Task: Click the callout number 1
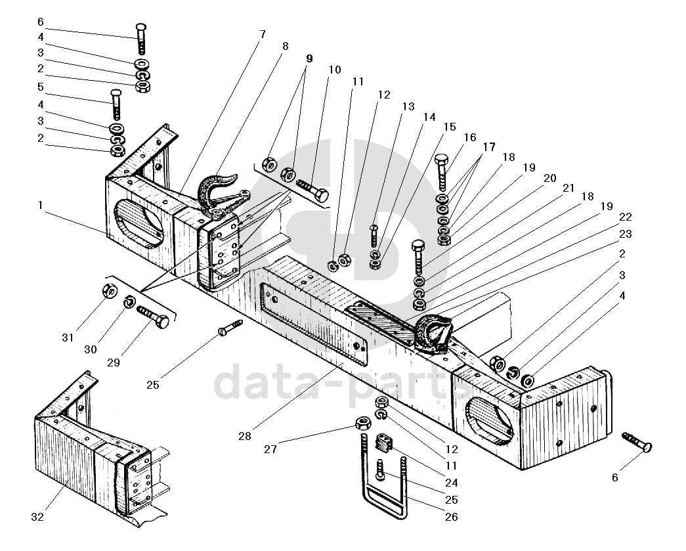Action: [x=41, y=205]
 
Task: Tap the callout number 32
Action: [x=37, y=517]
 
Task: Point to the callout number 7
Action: [x=263, y=34]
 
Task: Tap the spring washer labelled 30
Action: [x=130, y=301]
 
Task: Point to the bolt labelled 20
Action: [x=419, y=257]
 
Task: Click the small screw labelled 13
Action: [x=373, y=236]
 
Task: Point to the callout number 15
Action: [x=450, y=127]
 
